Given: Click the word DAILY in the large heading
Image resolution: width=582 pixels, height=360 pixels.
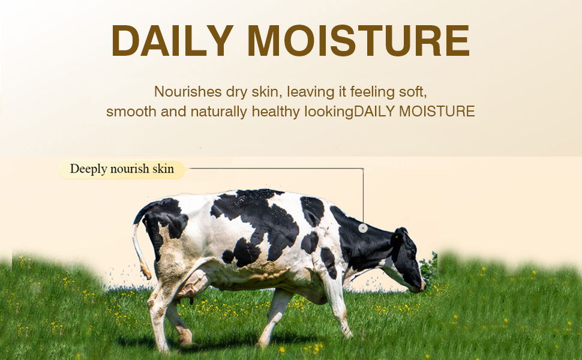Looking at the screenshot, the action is [172, 40].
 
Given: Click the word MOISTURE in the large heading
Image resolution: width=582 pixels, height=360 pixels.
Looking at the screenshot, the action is [359, 40].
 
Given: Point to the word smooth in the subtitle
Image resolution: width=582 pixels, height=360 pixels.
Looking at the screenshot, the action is [131, 112].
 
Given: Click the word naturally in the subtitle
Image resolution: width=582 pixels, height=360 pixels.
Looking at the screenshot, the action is [218, 112].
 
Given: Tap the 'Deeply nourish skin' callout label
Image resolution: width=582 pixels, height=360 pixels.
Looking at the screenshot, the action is [122, 169].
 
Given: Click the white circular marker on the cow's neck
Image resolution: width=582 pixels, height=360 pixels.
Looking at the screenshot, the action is [363, 228].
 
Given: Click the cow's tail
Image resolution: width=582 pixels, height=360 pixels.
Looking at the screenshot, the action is [140, 248].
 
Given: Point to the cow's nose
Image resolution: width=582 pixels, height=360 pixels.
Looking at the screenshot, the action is [422, 286].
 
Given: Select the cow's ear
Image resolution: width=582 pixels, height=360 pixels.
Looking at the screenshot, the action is [403, 232].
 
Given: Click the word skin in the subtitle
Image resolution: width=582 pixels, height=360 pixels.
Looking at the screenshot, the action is [265, 91].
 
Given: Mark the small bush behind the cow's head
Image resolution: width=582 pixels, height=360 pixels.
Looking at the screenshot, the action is [430, 269].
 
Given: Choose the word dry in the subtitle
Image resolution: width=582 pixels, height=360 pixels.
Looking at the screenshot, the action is [237, 92].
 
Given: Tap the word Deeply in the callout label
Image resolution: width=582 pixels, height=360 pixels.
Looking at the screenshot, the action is [88, 169].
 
